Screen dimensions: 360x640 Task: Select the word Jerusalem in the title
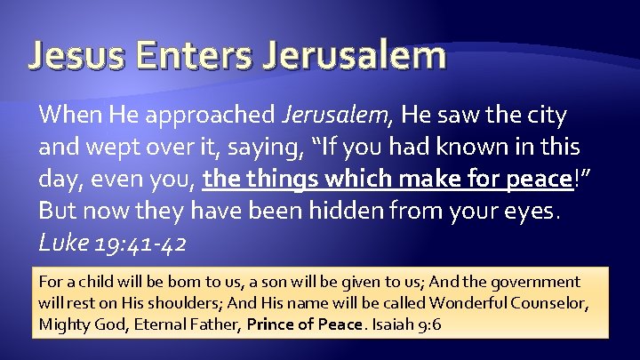357,55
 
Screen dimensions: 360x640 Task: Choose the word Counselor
553,303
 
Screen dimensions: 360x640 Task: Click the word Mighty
63,324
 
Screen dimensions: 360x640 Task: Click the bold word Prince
272,324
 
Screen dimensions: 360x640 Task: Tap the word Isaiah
396,324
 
